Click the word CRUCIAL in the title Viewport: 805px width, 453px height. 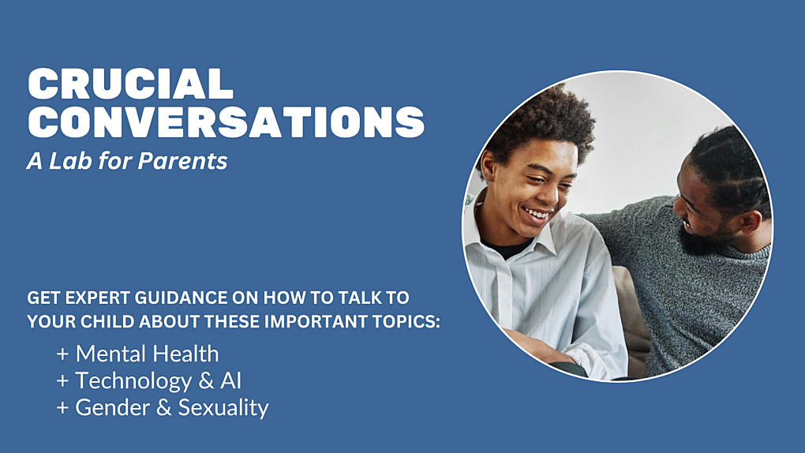130,83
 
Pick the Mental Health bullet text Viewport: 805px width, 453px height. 147,354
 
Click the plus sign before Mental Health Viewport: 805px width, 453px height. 63,354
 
